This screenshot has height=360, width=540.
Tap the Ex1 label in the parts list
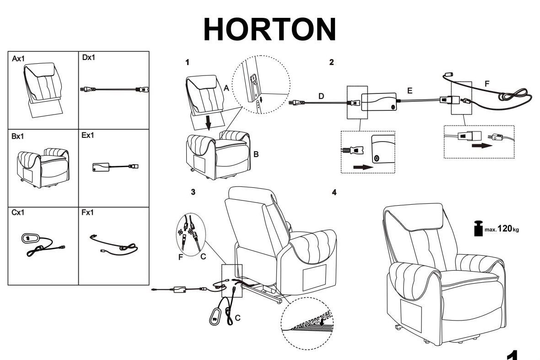[x=88, y=136]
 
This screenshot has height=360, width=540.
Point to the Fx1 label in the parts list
[x=88, y=213]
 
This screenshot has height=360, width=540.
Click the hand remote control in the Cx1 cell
[x=31, y=239]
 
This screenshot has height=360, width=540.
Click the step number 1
[x=187, y=61]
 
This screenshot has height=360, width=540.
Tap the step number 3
[x=193, y=192]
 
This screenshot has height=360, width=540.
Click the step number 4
[x=334, y=192]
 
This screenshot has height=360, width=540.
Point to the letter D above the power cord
[x=321, y=96]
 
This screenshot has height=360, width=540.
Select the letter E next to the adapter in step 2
[x=410, y=91]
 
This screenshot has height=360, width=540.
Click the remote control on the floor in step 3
[x=216, y=316]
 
